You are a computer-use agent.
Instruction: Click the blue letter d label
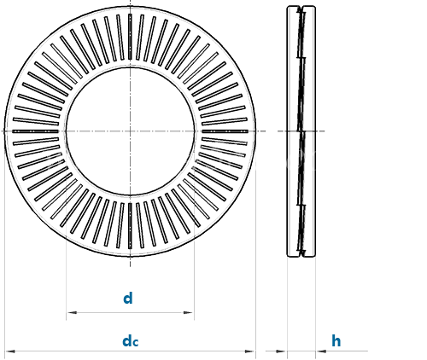pos(128,299)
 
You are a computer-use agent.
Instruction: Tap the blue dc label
pos(131,341)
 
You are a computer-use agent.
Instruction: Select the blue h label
pos(336,340)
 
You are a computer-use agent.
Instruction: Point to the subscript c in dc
pos(136,343)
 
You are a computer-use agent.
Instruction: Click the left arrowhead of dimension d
pos(72,312)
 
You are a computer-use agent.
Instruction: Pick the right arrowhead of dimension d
pos(189,312)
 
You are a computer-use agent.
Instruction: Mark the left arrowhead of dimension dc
pos(10,351)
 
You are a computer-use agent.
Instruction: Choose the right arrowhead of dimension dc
pos(249,351)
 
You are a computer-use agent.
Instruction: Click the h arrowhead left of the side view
pos(281,351)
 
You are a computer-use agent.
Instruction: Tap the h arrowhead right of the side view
pos(321,351)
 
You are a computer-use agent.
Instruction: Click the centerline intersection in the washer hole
pos(130,131)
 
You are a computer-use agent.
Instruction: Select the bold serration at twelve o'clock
pos(130,37)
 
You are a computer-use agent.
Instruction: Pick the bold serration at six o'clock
pos(130,226)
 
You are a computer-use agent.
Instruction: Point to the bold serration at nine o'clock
pos(35,131)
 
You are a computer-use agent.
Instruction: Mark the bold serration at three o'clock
pos(225,131)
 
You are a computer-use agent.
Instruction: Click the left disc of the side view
pos(293,131)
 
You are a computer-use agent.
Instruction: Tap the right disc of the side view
pos(309,131)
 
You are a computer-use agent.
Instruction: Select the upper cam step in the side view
pos(301,58)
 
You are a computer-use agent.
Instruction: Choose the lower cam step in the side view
pos(301,205)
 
